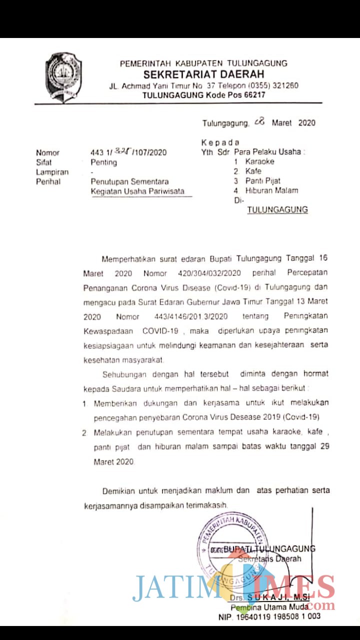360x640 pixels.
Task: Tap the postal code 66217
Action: coord(252,95)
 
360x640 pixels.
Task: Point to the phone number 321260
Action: coord(284,85)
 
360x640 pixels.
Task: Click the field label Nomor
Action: coord(47,153)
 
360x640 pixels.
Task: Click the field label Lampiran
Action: coord(52,172)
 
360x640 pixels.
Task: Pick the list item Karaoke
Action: coord(259,161)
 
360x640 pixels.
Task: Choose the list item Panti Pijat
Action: coord(262,180)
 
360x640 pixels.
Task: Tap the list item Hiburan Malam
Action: coord(271,190)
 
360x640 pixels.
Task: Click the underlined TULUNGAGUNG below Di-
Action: coord(277,210)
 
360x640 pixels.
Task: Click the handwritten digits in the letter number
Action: coord(121,151)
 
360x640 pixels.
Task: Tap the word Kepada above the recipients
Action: coord(220,142)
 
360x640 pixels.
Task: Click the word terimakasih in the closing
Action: coord(206,505)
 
